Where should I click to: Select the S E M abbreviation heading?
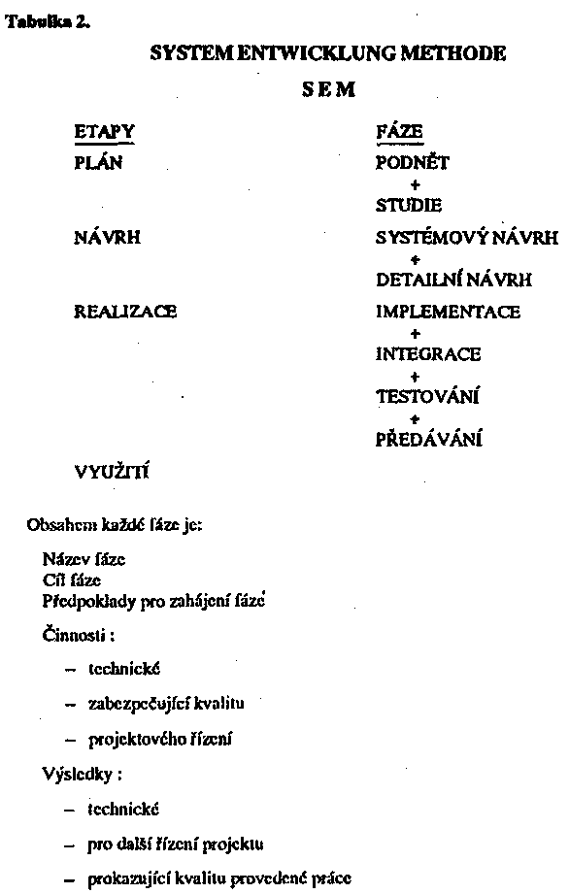pyautogui.click(x=327, y=90)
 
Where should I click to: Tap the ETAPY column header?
pyautogui.click(x=104, y=132)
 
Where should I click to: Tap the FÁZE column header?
pyautogui.click(x=398, y=132)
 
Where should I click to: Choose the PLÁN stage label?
pyautogui.click(x=98, y=162)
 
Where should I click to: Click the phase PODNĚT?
pyautogui.click(x=412, y=162)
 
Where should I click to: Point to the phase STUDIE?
pyautogui.click(x=408, y=205)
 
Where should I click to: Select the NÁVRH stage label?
pyautogui.click(x=108, y=237)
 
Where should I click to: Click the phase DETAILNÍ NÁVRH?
pyautogui.click(x=453, y=281)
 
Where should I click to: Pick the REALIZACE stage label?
pyautogui.click(x=125, y=313)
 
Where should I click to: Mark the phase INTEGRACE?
pyautogui.click(x=427, y=354)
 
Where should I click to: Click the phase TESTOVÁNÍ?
pyautogui.click(x=428, y=397)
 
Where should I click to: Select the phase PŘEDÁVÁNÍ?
pyautogui.click(x=429, y=440)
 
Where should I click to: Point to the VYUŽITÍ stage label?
pyautogui.click(x=112, y=473)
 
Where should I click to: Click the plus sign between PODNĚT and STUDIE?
pyautogui.click(x=415, y=183)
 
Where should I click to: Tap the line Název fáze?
pyautogui.click(x=84, y=559)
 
